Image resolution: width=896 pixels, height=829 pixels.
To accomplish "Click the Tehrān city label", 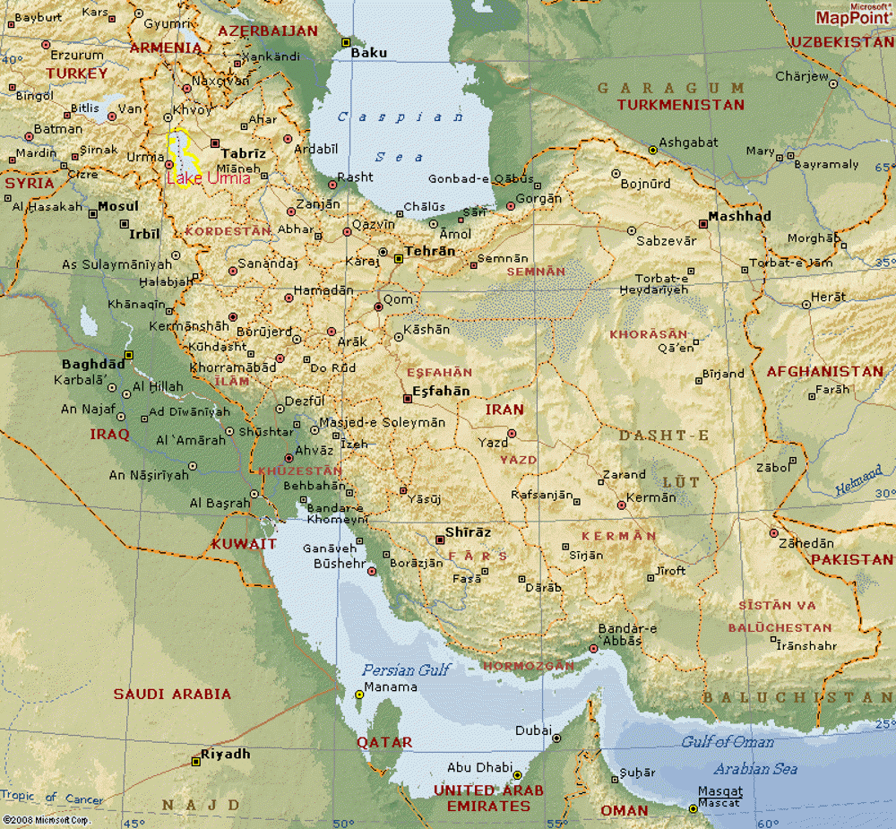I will pos(431,251).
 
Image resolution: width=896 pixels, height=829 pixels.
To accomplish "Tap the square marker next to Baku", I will pos(346,42).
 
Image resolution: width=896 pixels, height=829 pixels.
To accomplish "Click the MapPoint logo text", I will pos(852,17).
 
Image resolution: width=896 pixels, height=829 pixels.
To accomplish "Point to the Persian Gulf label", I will pos(405,669).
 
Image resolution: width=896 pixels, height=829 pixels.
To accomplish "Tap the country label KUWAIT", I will pos(244,544).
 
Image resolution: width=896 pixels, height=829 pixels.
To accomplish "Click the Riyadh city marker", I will pos(195,762).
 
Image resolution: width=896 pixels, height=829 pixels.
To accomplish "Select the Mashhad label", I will pos(739,216).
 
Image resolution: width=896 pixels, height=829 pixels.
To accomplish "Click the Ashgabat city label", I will pos(688,142).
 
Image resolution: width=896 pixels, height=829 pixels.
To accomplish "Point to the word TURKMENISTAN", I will pos(680,105).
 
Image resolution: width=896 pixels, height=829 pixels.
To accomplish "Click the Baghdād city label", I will pos(93,364).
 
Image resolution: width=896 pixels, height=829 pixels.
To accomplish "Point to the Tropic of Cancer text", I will pos(52,797).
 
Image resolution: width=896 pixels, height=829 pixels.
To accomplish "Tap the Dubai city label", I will pos(533,730).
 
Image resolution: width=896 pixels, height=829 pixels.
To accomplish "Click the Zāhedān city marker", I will pos(774,533).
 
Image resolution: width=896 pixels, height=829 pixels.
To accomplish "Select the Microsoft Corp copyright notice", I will pos(46,820).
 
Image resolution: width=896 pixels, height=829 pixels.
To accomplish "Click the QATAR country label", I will pos(384,742).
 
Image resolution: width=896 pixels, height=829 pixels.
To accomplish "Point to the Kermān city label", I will pos(651,497).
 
